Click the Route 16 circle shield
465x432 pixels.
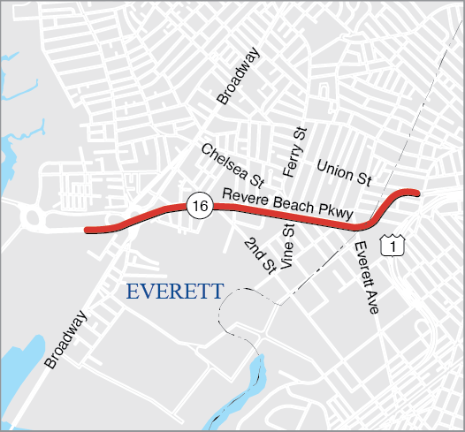point(200,206)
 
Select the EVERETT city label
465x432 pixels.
point(174,292)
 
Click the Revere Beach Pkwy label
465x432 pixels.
point(288,204)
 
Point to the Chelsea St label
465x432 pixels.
point(232,165)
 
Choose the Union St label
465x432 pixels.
point(344,172)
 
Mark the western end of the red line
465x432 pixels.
point(87,231)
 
